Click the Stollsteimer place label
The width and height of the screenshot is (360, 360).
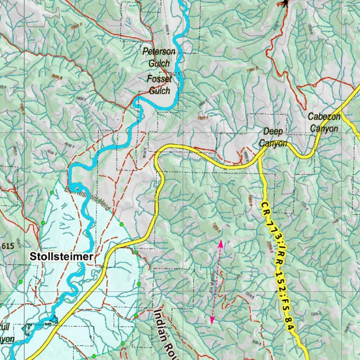[x=62, y=256]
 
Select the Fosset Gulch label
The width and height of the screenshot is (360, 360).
[x=160, y=85]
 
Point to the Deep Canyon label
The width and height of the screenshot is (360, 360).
[x=273, y=137]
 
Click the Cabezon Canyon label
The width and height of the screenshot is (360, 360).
[x=324, y=122]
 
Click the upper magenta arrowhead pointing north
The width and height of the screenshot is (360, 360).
[x=220, y=243]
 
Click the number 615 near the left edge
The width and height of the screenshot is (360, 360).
[x=7, y=246]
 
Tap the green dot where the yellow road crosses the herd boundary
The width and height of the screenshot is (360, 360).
[x=136, y=252]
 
